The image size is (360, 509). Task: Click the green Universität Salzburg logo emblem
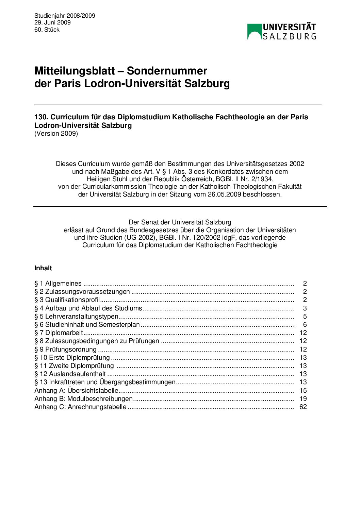[255, 31]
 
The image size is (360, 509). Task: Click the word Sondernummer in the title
[167, 71]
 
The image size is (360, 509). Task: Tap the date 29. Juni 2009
[52, 22]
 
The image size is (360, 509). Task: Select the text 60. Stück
[47, 30]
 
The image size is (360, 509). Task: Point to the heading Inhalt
[43, 268]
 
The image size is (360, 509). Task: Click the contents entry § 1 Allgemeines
[58, 283]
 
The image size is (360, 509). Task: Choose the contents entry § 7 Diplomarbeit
[59, 333]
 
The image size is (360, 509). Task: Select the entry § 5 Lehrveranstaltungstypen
[76, 316]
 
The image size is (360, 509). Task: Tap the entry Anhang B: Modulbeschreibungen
[84, 398]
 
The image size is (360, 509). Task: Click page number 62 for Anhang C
[303, 407]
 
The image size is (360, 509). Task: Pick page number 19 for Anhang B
[303, 398]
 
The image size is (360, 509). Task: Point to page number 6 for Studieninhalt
[305, 324]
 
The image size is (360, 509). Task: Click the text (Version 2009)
[56, 133]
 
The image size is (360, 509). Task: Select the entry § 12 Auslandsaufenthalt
[70, 374]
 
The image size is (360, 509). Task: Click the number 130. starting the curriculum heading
[41, 117]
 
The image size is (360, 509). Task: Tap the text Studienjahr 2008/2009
[65, 16]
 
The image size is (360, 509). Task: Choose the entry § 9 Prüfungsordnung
[66, 349]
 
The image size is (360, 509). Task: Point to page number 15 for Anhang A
[303, 390]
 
